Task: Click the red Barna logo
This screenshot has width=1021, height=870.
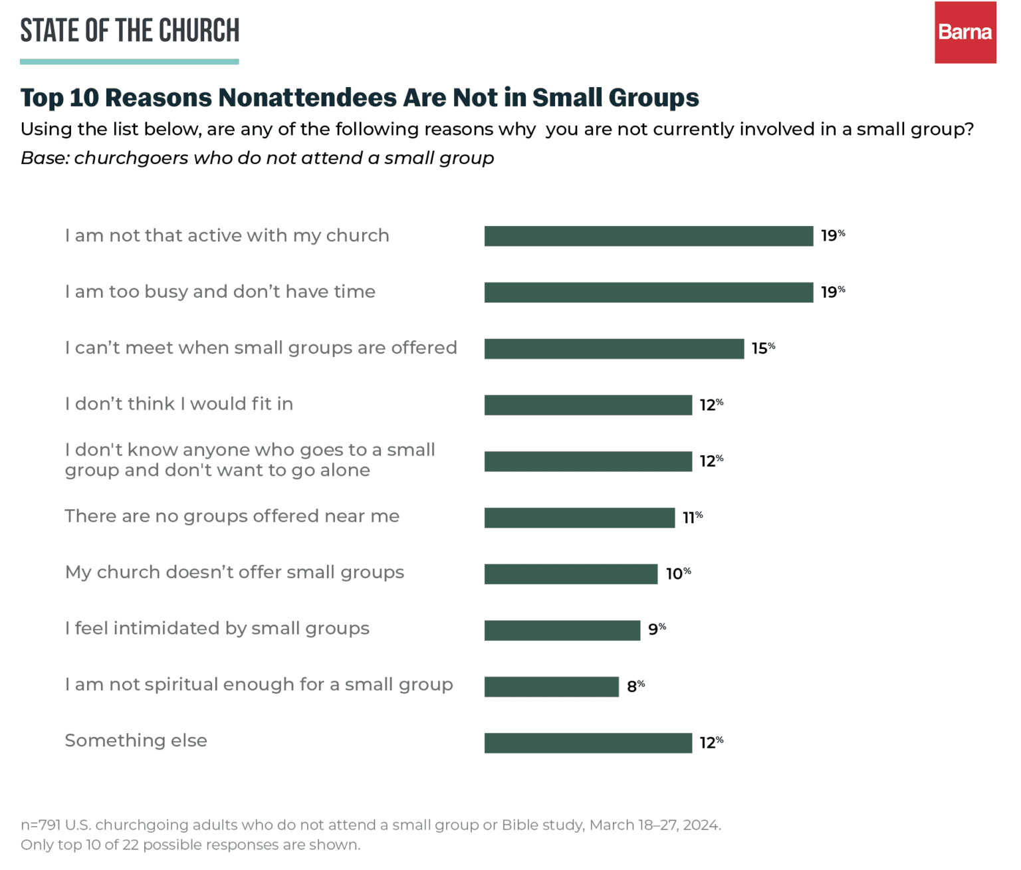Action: pos(964,33)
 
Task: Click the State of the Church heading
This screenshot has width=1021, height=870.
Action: pos(130,31)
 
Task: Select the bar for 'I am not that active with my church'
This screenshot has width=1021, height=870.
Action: pos(648,236)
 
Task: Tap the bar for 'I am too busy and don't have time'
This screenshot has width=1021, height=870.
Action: pos(648,292)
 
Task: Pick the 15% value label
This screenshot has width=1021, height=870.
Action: pos(763,348)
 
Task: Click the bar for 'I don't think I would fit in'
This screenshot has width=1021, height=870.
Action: pos(588,405)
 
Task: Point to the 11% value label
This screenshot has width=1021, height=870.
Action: pos(692,517)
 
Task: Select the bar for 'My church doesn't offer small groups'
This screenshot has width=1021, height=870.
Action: pos(570,574)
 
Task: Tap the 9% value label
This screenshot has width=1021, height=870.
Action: pos(657,629)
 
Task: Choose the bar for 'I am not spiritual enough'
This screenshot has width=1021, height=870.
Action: pos(551,687)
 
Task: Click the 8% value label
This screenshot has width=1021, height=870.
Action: pos(635,686)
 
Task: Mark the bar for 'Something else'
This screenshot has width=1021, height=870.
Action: pos(588,742)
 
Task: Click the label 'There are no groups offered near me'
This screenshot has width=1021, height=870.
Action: pos(232,516)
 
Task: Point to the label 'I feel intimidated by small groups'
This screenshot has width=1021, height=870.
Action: pos(217,629)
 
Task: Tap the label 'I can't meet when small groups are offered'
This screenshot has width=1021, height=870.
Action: pos(261,348)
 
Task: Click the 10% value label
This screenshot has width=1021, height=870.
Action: pos(678,573)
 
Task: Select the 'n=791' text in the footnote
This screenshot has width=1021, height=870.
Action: pos(41,825)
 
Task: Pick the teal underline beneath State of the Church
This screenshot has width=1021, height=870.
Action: pos(129,62)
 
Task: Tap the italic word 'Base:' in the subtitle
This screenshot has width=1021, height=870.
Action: pos(45,158)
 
